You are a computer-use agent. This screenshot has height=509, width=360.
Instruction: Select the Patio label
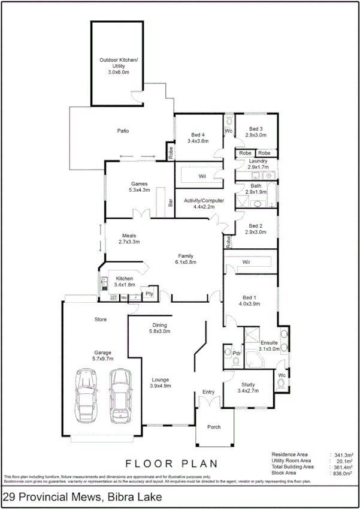123,131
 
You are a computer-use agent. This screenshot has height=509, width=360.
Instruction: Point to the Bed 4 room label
198,135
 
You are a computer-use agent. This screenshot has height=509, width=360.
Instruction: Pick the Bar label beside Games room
170,203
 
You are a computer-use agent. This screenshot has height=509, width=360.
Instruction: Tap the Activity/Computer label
204,201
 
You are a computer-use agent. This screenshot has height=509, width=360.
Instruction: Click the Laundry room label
258,161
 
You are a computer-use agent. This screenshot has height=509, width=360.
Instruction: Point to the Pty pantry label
150,294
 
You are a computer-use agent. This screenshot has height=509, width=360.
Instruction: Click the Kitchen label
125,278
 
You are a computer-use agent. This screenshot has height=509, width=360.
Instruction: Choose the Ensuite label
269,341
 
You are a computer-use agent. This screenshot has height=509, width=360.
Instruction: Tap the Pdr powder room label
236,353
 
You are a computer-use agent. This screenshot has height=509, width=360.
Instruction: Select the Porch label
213,427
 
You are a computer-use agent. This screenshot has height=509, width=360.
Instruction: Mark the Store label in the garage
101,320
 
